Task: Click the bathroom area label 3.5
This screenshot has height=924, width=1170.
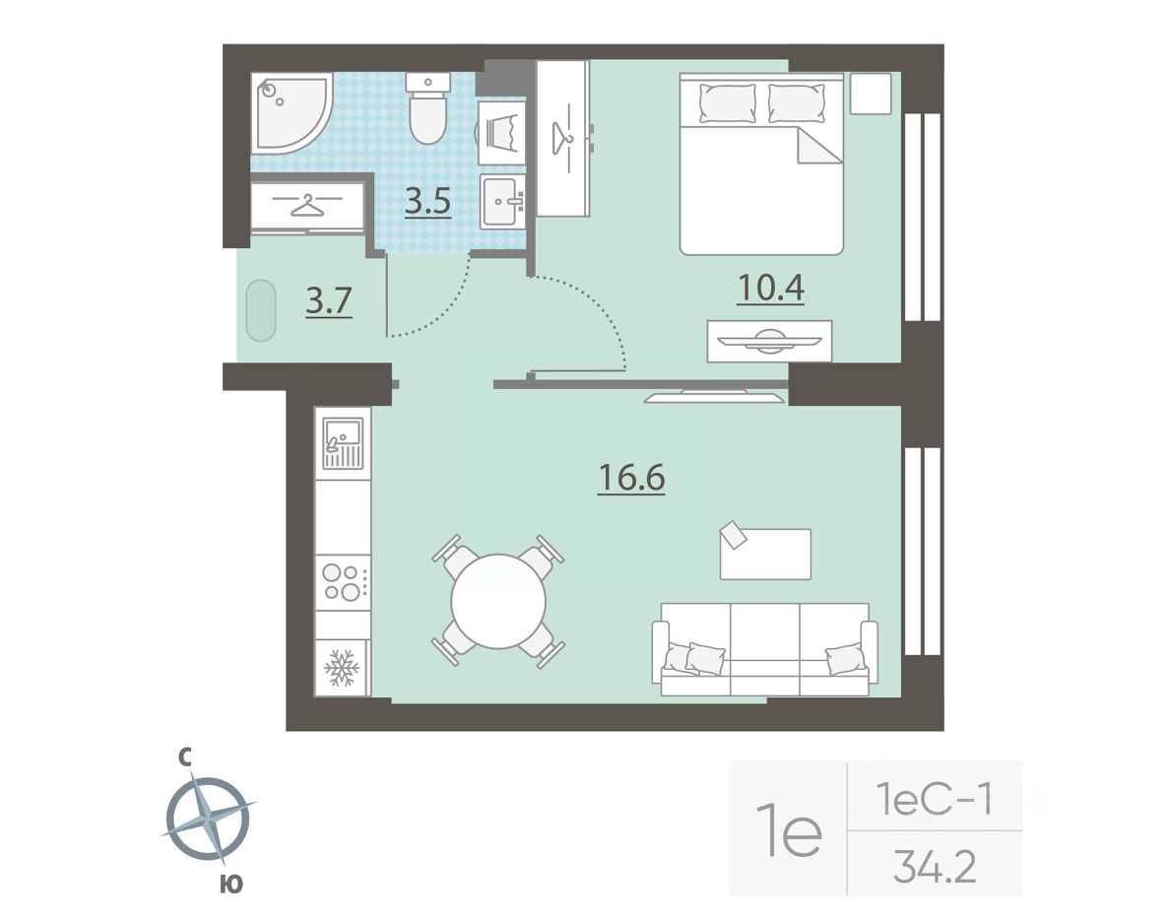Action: (427, 202)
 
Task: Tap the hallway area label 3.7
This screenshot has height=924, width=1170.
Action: (328, 301)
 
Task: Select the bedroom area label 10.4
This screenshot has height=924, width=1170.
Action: (770, 289)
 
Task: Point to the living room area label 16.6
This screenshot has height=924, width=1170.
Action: (631, 478)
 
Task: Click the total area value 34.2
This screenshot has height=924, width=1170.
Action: (935, 867)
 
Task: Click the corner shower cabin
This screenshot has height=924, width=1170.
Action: (291, 113)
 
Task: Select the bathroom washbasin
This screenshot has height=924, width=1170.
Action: (502, 201)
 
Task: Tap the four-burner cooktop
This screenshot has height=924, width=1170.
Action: (343, 583)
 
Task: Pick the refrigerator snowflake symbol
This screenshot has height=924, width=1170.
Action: (342, 667)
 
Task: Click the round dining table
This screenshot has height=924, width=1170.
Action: (498, 601)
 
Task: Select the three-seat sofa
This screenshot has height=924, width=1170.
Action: (765, 649)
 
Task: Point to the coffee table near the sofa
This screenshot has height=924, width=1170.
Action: (765, 553)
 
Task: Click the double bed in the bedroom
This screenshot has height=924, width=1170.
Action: (761, 165)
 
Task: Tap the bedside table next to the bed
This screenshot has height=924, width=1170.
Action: (871, 94)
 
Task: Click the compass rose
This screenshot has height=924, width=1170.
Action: (208, 820)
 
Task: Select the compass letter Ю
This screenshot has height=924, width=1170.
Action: (231, 885)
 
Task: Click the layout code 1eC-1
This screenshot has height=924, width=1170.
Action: (935, 802)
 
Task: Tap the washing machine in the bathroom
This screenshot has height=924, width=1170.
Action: (501, 133)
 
